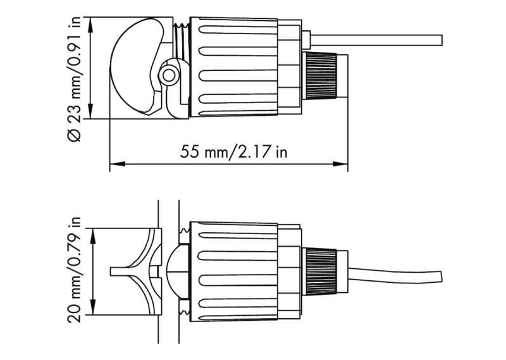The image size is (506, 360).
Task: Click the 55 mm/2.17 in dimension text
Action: pos(233,151)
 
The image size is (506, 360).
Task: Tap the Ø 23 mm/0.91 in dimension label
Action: pos(75,79)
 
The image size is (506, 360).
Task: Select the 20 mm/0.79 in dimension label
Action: pos(74,270)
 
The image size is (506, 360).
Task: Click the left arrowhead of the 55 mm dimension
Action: pos(118,164)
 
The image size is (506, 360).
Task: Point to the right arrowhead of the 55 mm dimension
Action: pos(340,164)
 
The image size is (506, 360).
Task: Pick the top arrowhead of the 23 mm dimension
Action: pos(90,25)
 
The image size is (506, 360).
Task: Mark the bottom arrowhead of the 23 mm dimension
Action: pos(90,111)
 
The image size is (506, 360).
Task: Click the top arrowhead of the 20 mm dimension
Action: pos(93,236)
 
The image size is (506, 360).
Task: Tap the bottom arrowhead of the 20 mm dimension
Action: pos(93,307)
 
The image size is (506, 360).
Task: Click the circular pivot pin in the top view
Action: pos(168,75)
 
